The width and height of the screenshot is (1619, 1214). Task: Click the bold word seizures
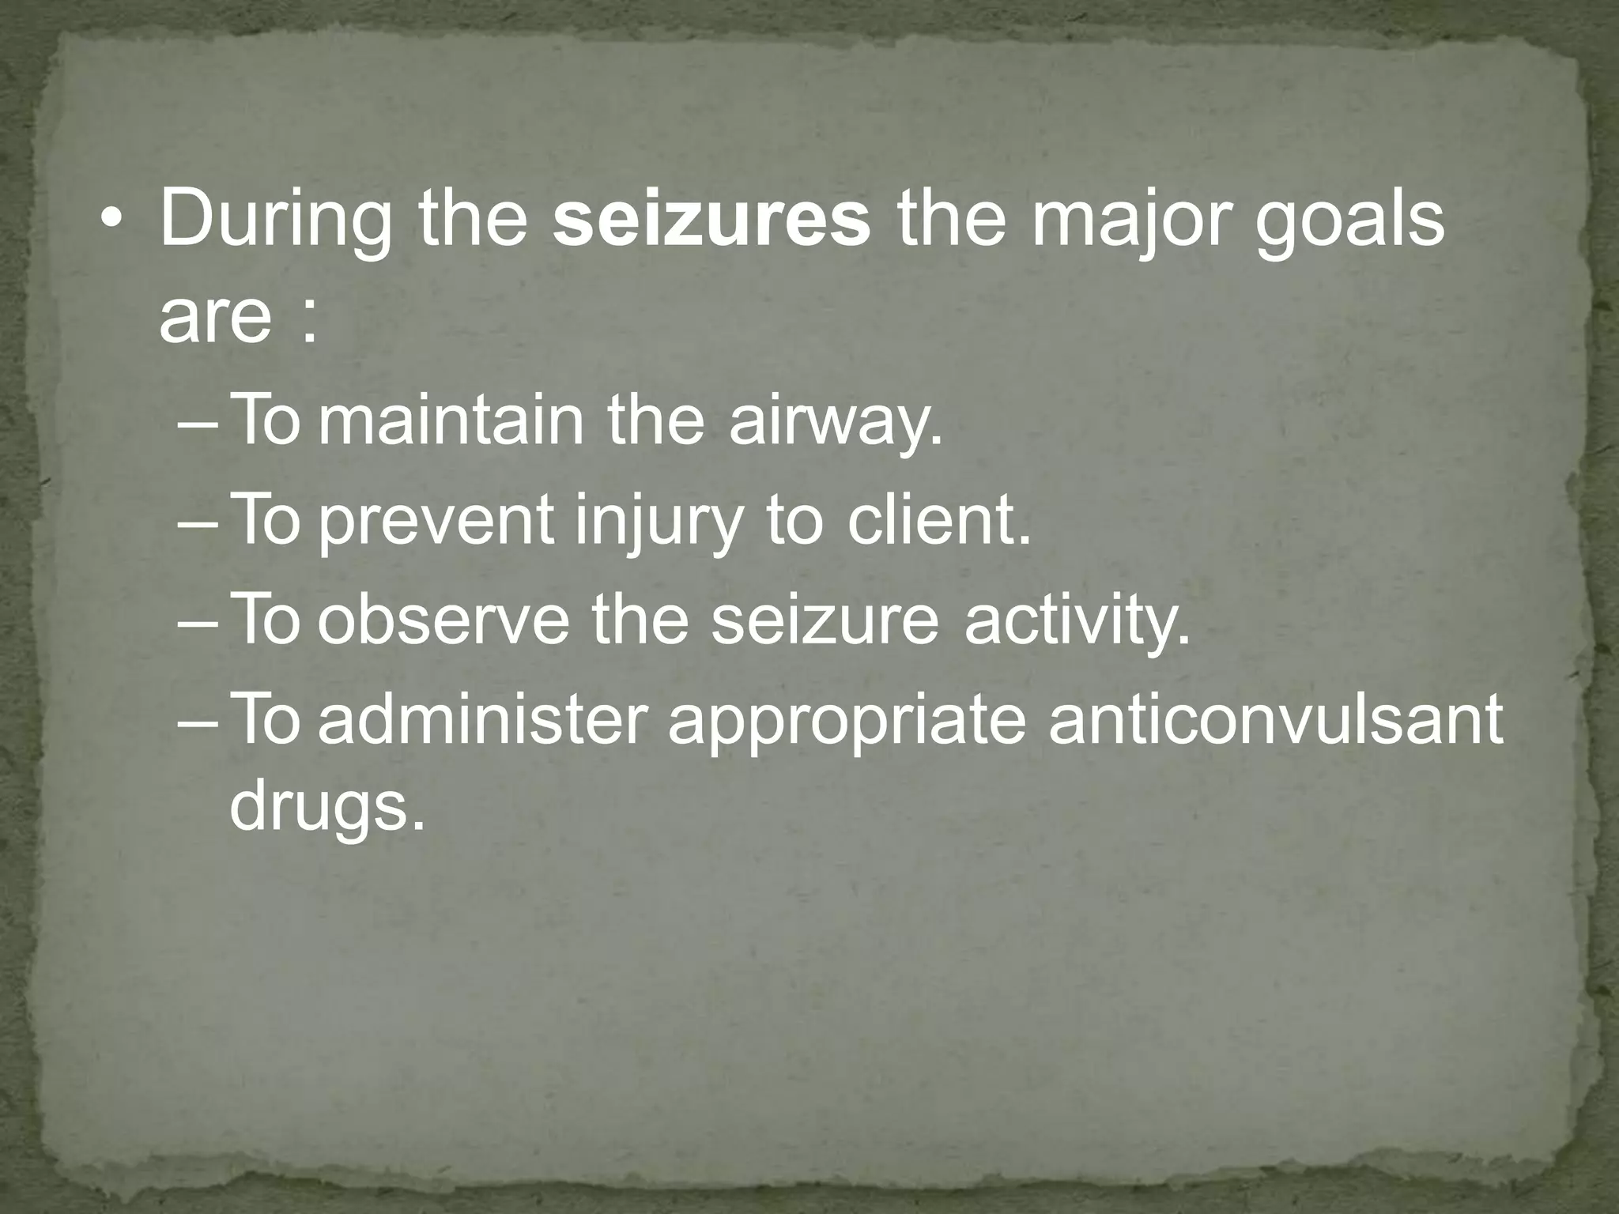click(711, 219)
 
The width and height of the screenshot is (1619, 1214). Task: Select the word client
click(940, 520)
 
